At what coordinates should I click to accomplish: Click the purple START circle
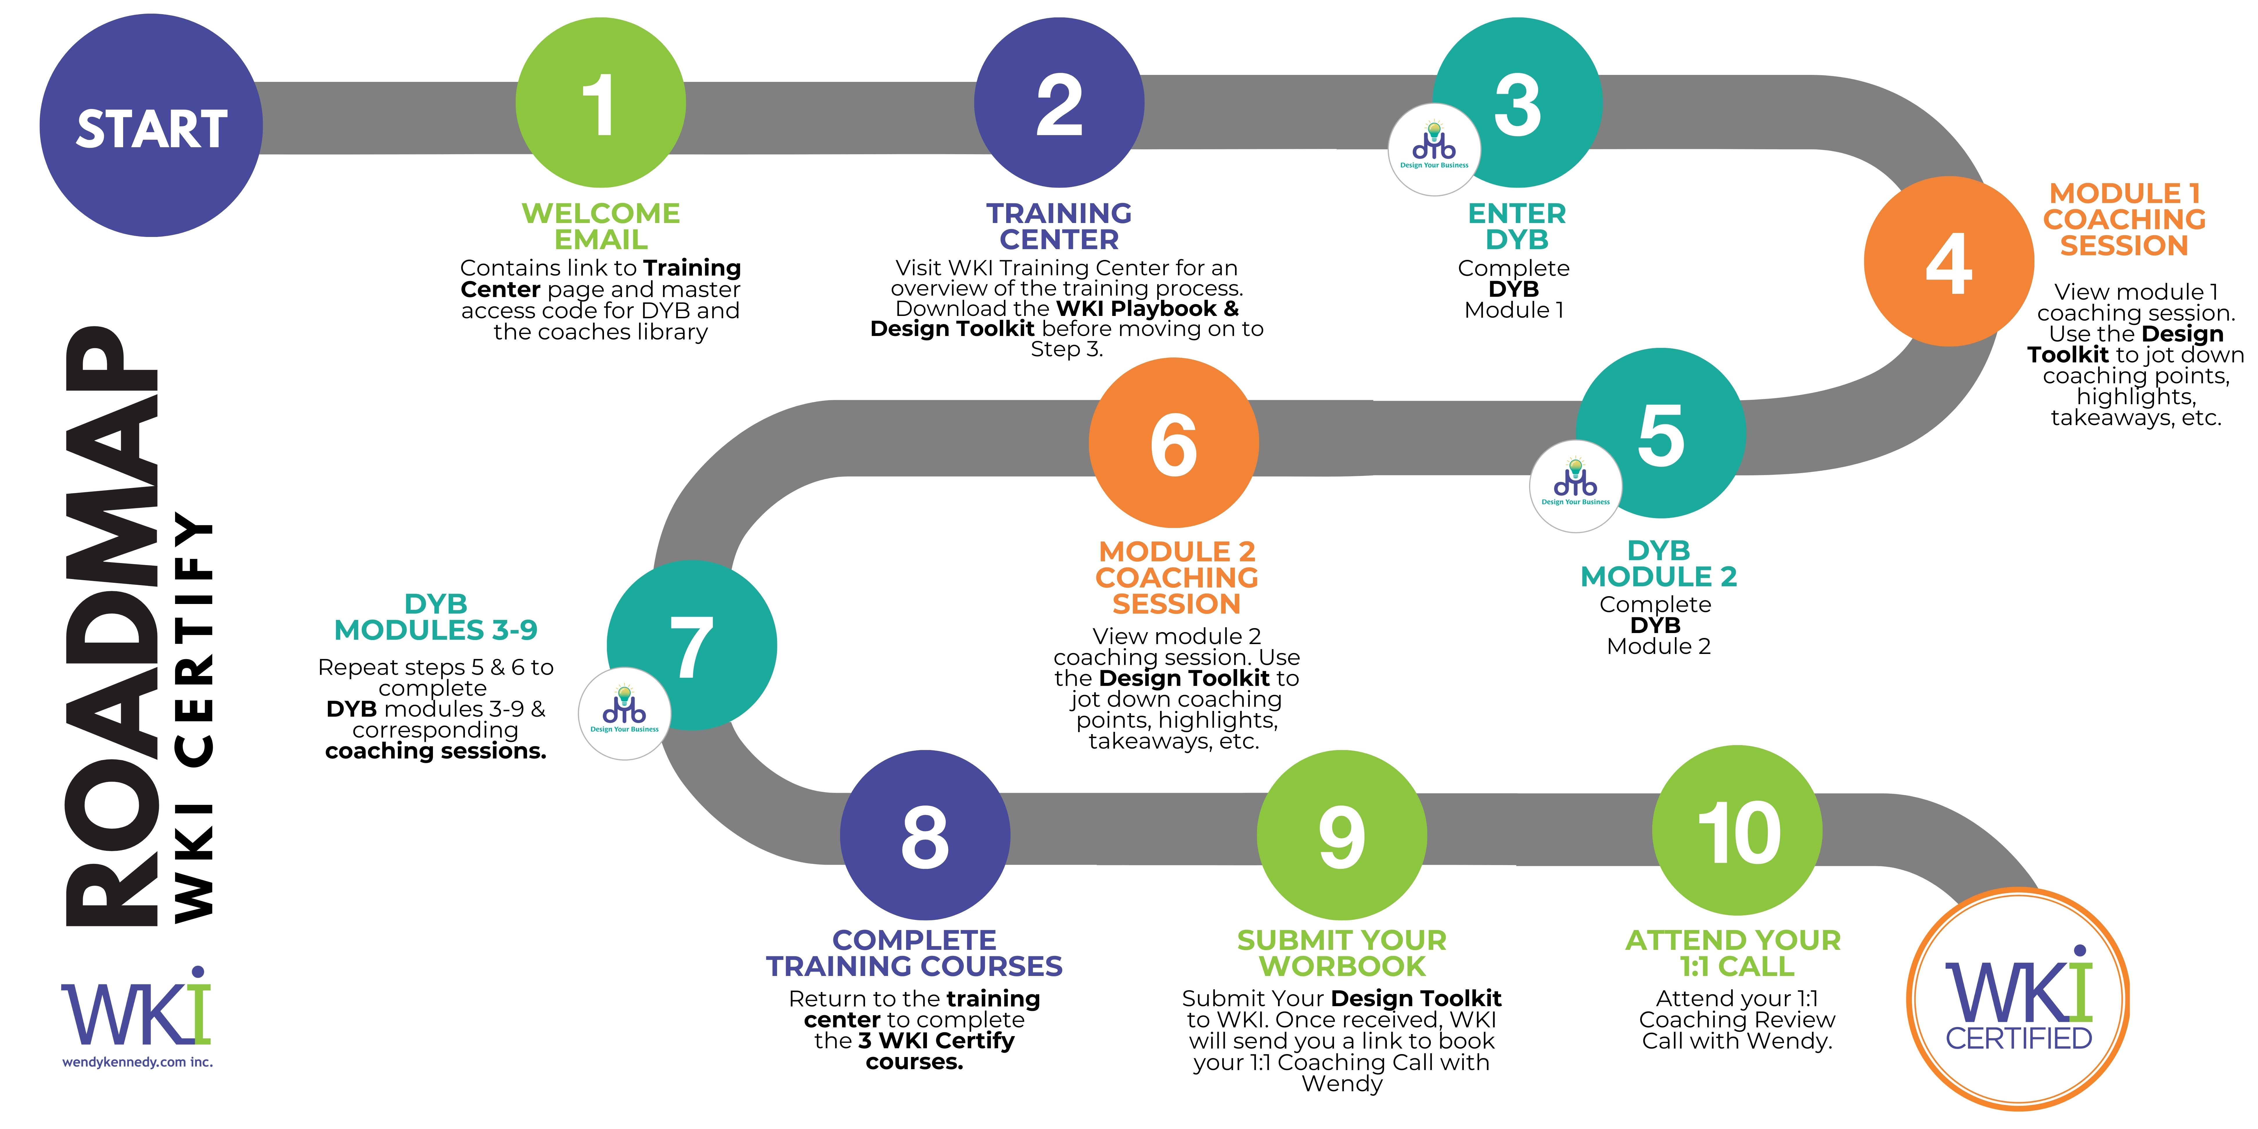151,125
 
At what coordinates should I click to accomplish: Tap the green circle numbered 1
601,103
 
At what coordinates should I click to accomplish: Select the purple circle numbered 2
1059,103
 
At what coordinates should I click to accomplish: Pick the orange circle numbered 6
1174,443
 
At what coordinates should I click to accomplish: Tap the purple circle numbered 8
925,835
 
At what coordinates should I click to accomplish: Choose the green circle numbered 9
1341,835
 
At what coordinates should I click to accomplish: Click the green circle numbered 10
1737,830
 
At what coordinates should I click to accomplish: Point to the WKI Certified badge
2018,999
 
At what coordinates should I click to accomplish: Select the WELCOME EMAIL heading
601,226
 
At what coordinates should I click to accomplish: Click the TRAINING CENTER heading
1059,226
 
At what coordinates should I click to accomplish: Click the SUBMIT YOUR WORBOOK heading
1341,953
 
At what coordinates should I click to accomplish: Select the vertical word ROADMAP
112,627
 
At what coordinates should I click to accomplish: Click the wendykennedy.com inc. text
138,1063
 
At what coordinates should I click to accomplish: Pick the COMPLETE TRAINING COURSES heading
914,953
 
